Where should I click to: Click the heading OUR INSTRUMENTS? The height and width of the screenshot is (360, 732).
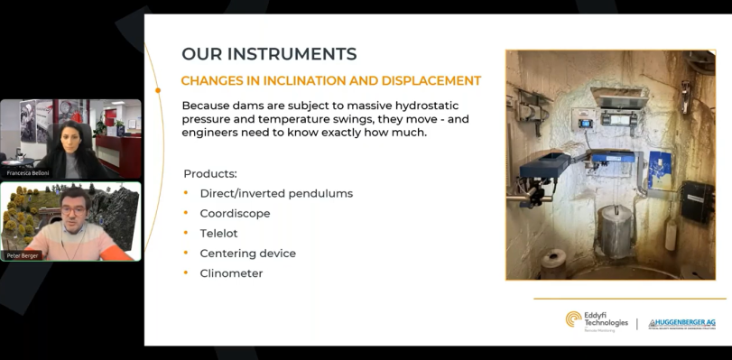(x=269, y=54)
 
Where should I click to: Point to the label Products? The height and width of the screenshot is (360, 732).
(x=210, y=173)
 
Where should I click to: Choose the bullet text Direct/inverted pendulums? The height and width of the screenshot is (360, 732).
(x=276, y=194)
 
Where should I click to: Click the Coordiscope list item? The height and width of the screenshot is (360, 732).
(x=235, y=214)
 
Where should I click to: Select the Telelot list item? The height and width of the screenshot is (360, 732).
(x=218, y=234)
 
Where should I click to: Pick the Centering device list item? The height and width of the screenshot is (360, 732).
(x=247, y=254)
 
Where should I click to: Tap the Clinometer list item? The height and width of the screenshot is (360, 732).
(x=231, y=273)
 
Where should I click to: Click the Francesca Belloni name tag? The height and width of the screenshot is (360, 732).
(x=28, y=172)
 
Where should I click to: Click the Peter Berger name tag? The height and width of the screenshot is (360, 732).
(x=25, y=255)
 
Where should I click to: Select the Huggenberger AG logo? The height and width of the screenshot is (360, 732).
(x=682, y=323)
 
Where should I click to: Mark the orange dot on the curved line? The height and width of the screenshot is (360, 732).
(x=158, y=90)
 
